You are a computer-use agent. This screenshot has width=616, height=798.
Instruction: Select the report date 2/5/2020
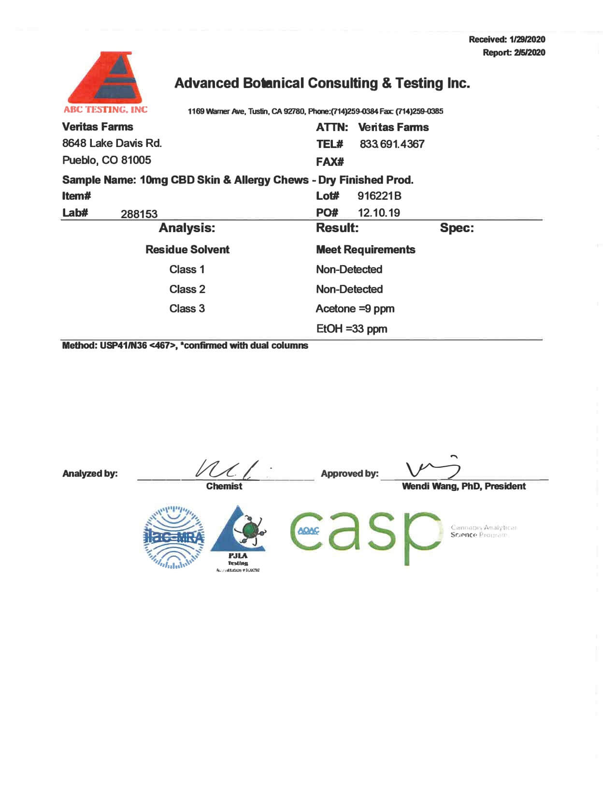tap(530, 53)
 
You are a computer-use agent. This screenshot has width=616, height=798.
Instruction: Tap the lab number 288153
tap(139, 214)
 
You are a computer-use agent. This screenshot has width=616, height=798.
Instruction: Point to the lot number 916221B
tap(379, 196)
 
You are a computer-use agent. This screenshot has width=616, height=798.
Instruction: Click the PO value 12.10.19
tap(379, 213)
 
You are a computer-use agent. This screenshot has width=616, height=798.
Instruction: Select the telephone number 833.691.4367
tap(392, 144)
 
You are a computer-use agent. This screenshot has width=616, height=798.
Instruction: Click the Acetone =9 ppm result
tap(355, 309)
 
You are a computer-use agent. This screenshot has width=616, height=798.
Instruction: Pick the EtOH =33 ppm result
tap(352, 329)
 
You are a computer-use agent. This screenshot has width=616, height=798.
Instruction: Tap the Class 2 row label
tap(187, 289)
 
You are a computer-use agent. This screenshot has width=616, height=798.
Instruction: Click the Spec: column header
tap(457, 228)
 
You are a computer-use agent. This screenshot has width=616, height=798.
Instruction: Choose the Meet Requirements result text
tap(366, 250)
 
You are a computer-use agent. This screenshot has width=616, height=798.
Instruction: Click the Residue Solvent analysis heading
tap(187, 250)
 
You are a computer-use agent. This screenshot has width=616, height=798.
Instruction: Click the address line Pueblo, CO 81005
tap(107, 160)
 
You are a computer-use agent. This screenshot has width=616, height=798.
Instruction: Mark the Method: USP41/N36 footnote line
tap(185, 346)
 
